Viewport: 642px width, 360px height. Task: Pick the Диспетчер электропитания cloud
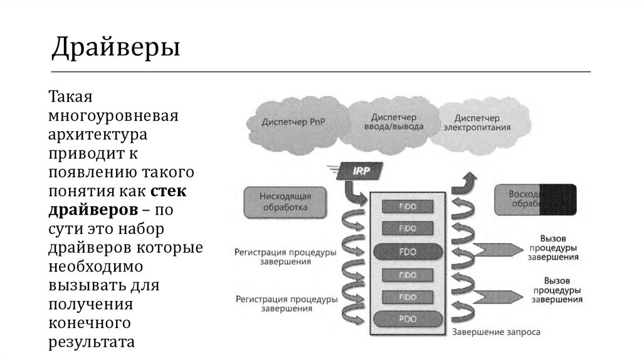click(x=477, y=122)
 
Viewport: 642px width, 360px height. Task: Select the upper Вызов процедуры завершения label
click(x=557, y=248)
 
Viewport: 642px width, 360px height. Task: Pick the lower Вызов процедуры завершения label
click(x=555, y=290)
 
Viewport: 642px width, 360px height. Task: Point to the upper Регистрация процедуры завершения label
click(x=285, y=257)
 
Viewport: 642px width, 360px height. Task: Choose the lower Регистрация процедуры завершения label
click(x=285, y=304)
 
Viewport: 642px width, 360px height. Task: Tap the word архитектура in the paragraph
click(x=98, y=135)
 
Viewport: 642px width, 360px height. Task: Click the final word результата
click(x=92, y=342)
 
